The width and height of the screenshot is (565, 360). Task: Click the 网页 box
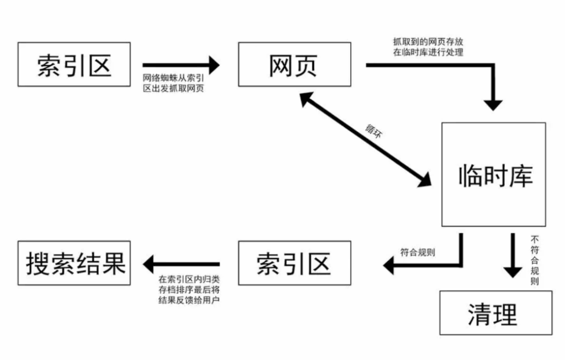tap(295, 65)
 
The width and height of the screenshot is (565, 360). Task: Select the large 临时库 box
tap(494, 175)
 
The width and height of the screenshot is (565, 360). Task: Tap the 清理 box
tap(496, 313)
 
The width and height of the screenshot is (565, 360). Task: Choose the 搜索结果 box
tap(74, 263)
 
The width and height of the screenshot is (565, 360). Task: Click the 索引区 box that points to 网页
tap(74, 65)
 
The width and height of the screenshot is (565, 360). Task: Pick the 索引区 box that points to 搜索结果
tap(295, 263)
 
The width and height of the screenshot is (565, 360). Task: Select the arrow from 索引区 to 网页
tap(181, 65)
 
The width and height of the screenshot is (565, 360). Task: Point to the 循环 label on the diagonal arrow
tap(374, 131)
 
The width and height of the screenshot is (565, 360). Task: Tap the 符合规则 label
tap(418, 252)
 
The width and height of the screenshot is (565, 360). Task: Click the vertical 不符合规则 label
tap(535, 260)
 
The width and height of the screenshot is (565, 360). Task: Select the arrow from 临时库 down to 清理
tap(513, 256)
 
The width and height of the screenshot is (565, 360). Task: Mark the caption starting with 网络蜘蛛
tap(174, 83)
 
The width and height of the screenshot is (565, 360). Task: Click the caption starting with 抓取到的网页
tap(428, 47)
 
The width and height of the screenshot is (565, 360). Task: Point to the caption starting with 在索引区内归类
tap(189, 290)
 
